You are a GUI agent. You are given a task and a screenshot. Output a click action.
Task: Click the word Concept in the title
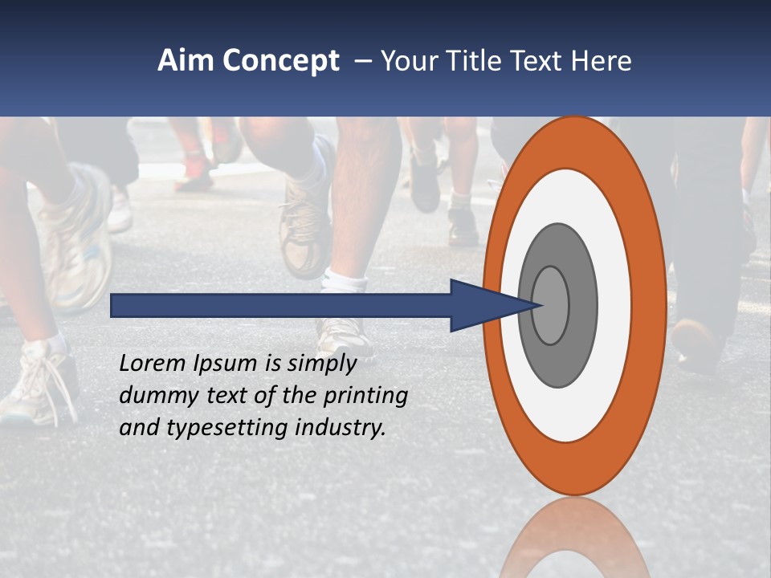click(281, 61)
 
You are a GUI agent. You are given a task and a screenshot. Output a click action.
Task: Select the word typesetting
click(227, 428)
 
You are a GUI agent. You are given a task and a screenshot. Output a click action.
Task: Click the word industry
click(341, 428)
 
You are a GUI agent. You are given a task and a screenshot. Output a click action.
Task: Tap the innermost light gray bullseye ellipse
click(551, 305)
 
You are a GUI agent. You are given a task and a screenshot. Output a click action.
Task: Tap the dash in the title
click(362, 61)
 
